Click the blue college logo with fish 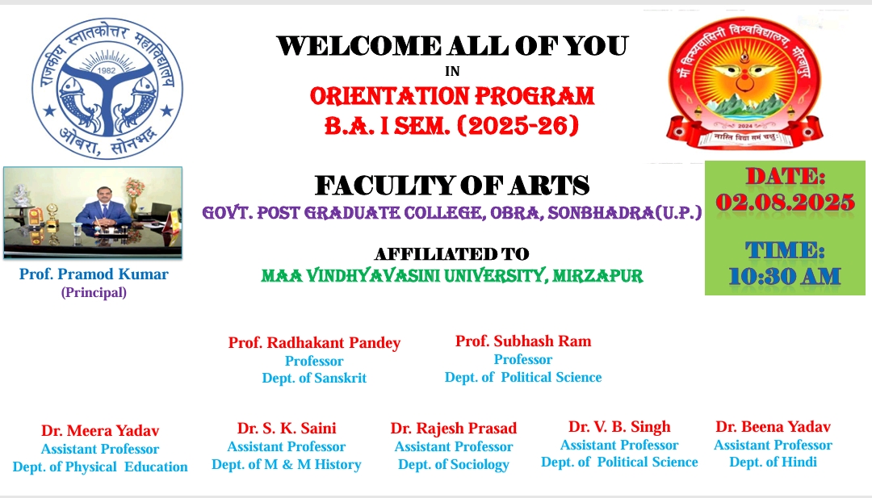pyautogui.click(x=107, y=88)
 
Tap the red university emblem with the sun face pyautogui.click(x=744, y=82)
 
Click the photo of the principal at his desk pyautogui.click(x=93, y=213)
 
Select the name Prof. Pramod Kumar pyautogui.click(x=94, y=274)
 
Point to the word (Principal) pyautogui.click(x=94, y=292)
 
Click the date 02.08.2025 pyautogui.click(x=785, y=202)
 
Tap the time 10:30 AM pyautogui.click(x=785, y=276)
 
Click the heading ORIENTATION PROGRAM pyautogui.click(x=452, y=96)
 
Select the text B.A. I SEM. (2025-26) pyautogui.click(x=451, y=126)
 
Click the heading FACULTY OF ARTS pyautogui.click(x=452, y=186)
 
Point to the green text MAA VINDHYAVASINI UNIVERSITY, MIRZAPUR pyautogui.click(x=452, y=276)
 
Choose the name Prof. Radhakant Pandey pyautogui.click(x=314, y=343)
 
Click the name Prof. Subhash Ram pyautogui.click(x=523, y=341)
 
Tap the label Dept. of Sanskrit pyautogui.click(x=314, y=378)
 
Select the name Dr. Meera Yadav pyautogui.click(x=100, y=431)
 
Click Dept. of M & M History pyautogui.click(x=287, y=464)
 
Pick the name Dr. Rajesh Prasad pyautogui.click(x=453, y=429)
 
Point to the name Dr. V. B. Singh pyautogui.click(x=619, y=427)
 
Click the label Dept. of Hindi pyautogui.click(x=773, y=462)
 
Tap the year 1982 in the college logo pyautogui.click(x=107, y=70)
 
